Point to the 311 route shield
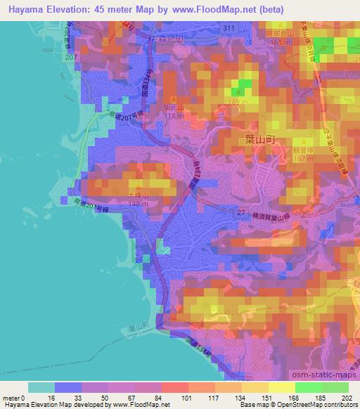pyautogui.click(x=226, y=27)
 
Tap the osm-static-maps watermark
pyautogui.click(x=324, y=374)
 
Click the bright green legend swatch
pyautogui.click(x=309, y=387)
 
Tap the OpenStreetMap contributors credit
pyautogui.click(x=318, y=405)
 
